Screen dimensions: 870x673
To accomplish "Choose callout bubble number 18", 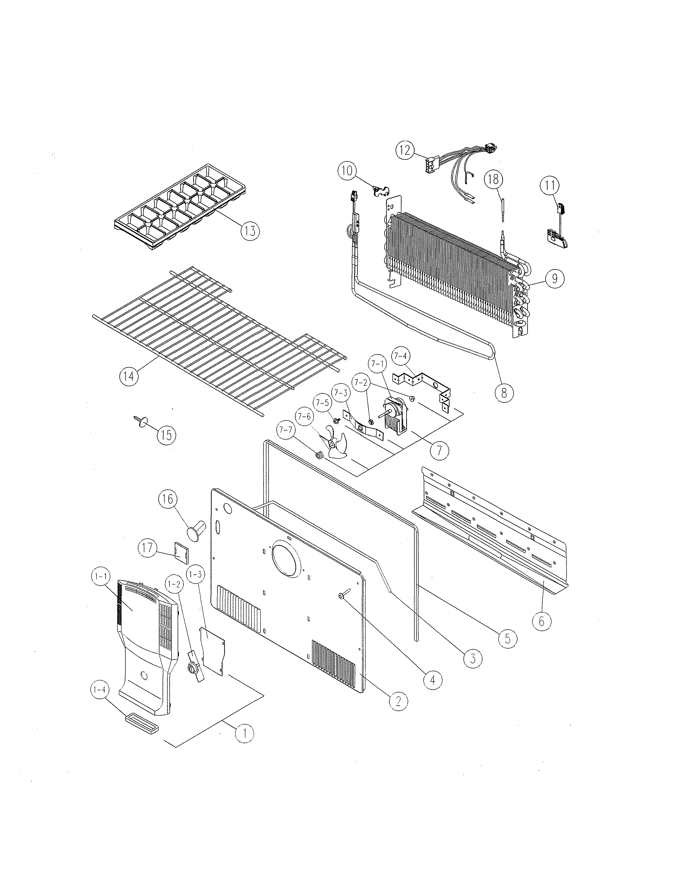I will coord(494,179).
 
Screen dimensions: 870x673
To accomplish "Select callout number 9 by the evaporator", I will coord(554,278).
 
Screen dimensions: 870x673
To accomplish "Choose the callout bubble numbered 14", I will coord(129,376).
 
